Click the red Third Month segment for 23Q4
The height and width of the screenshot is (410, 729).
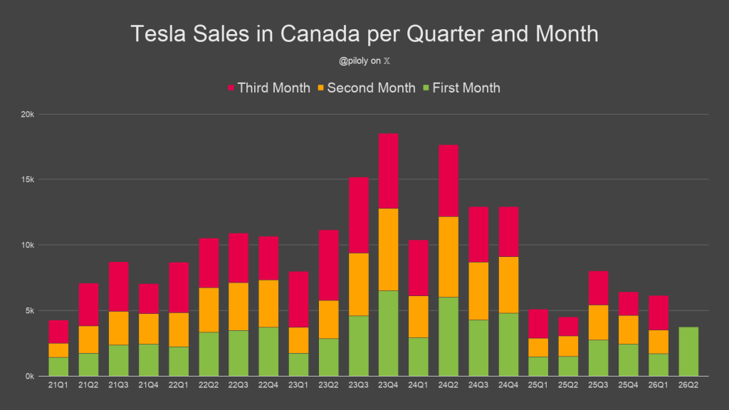click(388, 171)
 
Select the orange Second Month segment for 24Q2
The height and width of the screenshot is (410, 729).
click(449, 257)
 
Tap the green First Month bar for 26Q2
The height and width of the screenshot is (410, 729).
click(688, 352)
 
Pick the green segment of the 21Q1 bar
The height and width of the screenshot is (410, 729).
click(58, 367)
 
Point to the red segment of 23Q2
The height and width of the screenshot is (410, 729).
click(328, 266)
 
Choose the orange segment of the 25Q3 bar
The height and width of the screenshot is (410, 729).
click(598, 322)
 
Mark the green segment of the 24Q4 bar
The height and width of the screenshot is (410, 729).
click(508, 345)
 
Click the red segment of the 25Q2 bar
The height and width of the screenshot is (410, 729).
click(568, 327)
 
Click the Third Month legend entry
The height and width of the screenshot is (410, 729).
click(268, 88)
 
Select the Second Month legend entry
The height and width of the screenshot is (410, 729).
click(367, 88)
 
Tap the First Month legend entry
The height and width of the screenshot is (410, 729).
click(461, 88)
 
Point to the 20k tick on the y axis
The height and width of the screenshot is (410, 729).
click(28, 115)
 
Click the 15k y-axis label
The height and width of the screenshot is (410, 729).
click(28, 179)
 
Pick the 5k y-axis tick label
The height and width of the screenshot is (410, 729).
click(29, 310)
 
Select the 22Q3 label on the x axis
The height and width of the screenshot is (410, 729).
click(238, 385)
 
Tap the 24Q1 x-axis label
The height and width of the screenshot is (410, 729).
click(418, 385)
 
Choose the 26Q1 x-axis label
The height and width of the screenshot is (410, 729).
click(658, 385)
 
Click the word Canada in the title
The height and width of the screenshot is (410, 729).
click(320, 34)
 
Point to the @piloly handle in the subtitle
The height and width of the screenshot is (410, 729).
click(353, 61)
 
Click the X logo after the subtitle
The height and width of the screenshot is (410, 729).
click(387, 61)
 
